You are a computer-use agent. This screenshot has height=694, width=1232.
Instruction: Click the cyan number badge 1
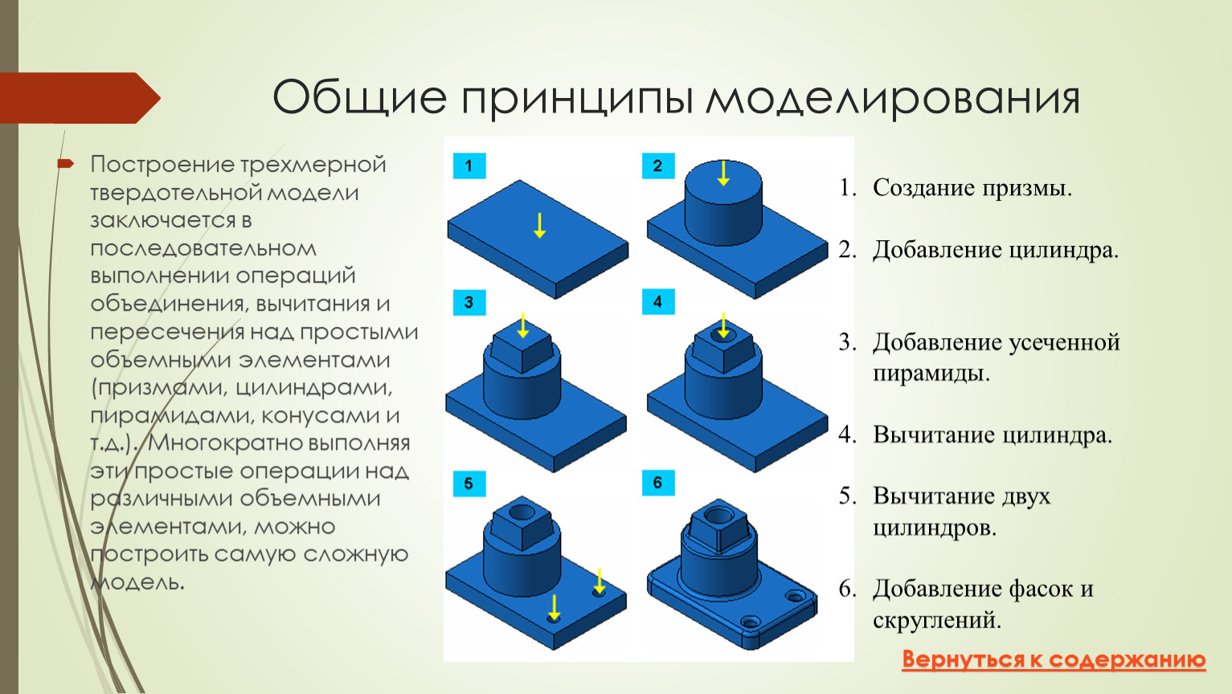click(x=469, y=165)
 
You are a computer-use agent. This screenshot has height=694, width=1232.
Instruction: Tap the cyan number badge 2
click(x=658, y=165)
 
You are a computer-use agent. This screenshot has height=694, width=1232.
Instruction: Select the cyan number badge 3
click(x=469, y=302)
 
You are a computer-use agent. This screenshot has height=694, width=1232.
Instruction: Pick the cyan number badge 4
click(x=658, y=301)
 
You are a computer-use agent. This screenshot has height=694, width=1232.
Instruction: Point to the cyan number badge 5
click(x=469, y=484)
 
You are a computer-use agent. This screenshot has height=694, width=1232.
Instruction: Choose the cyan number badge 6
click(x=658, y=483)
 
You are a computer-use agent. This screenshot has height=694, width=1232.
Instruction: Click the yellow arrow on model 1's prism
click(x=539, y=225)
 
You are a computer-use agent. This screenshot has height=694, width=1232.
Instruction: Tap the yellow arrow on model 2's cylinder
click(x=723, y=173)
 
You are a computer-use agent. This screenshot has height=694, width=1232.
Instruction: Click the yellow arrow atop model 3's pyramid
click(x=522, y=325)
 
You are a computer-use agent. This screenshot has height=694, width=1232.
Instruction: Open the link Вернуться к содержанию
click(x=1054, y=659)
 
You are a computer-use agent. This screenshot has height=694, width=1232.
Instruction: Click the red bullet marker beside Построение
click(x=65, y=163)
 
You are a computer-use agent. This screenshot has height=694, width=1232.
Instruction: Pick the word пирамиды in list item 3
click(x=931, y=374)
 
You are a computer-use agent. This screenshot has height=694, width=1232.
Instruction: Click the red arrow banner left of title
click(x=80, y=98)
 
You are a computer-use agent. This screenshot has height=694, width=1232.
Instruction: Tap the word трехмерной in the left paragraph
click(x=313, y=165)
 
